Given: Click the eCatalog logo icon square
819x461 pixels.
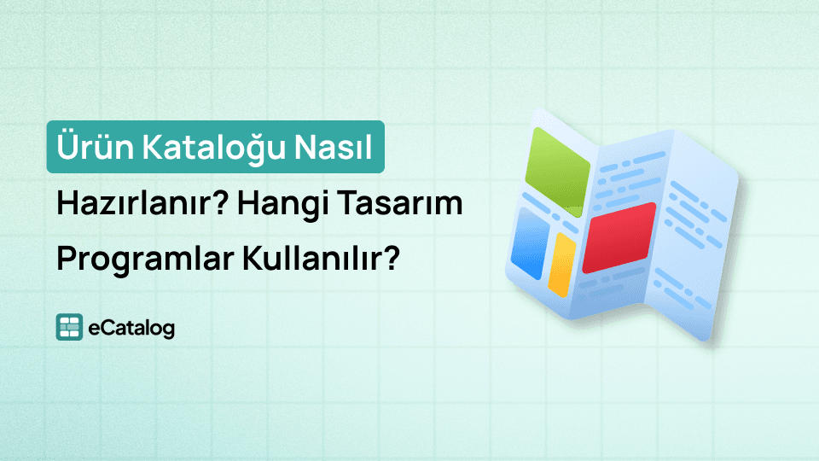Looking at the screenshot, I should (68, 327).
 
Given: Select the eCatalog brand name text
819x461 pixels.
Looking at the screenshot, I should (131, 327).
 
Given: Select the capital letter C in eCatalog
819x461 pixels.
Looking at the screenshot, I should (104, 327).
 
